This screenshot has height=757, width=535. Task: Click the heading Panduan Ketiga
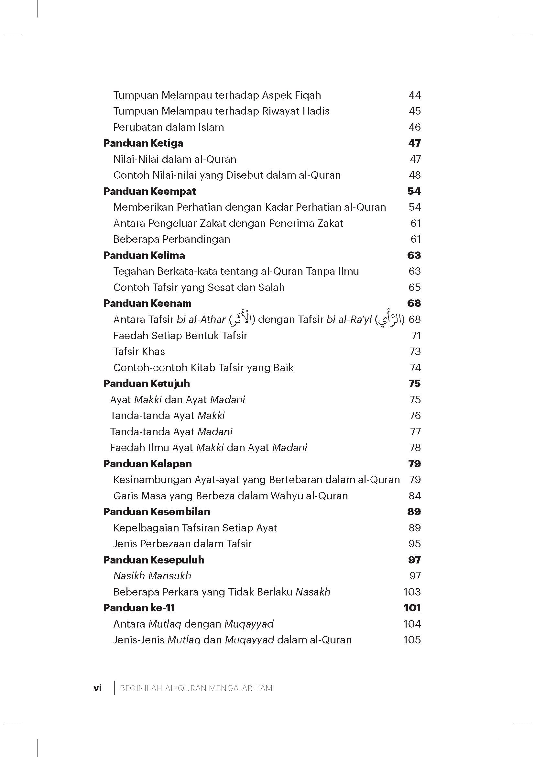[143, 143]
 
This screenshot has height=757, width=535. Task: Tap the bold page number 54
[414, 191]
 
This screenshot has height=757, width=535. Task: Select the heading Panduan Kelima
[144, 255]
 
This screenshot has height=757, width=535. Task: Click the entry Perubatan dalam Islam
[168, 127]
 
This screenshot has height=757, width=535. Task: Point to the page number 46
[414, 127]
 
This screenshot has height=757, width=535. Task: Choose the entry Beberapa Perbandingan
[172, 239]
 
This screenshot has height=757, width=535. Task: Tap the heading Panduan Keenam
[147, 303]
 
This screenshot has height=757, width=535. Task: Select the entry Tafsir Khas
[139, 351]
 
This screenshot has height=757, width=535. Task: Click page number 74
[415, 368]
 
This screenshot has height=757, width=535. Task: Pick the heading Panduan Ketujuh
[146, 384]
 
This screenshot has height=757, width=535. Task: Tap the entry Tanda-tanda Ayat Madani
[171, 432]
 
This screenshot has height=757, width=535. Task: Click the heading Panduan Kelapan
[147, 464]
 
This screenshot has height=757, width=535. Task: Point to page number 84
[415, 496]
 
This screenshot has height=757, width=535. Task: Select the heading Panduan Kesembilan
[157, 512]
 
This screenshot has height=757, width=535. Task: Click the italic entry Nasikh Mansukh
[152, 576]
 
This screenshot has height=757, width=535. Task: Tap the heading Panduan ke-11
[139, 608]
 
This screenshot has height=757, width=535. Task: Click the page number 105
[412, 640]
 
